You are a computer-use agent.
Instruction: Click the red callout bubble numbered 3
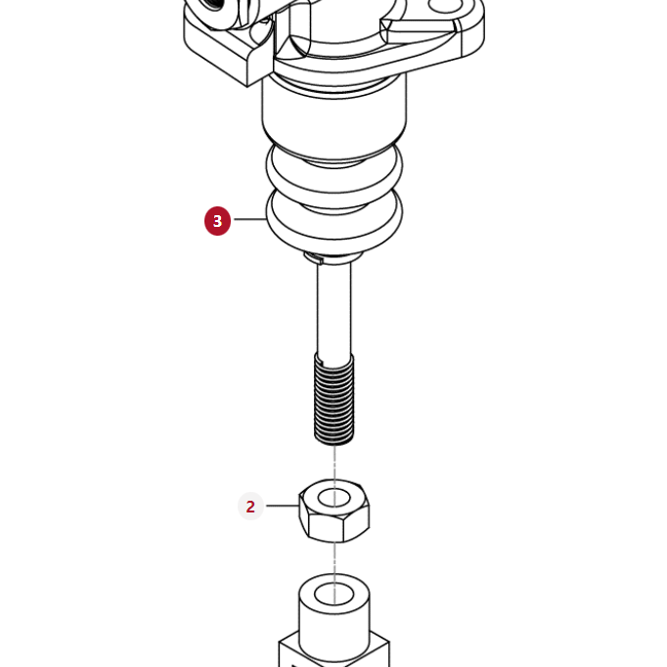[x=217, y=221]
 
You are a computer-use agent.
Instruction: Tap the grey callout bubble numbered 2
[x=250, y=507]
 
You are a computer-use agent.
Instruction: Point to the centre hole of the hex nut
[x=334, y=498]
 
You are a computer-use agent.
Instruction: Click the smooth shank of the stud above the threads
[x=333, y=308]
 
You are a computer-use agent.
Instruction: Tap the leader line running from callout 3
[x=248, y=219]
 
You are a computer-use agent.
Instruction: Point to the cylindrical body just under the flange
[x=333, y=112]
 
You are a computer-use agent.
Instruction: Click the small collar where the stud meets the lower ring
[x=333, y=257]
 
